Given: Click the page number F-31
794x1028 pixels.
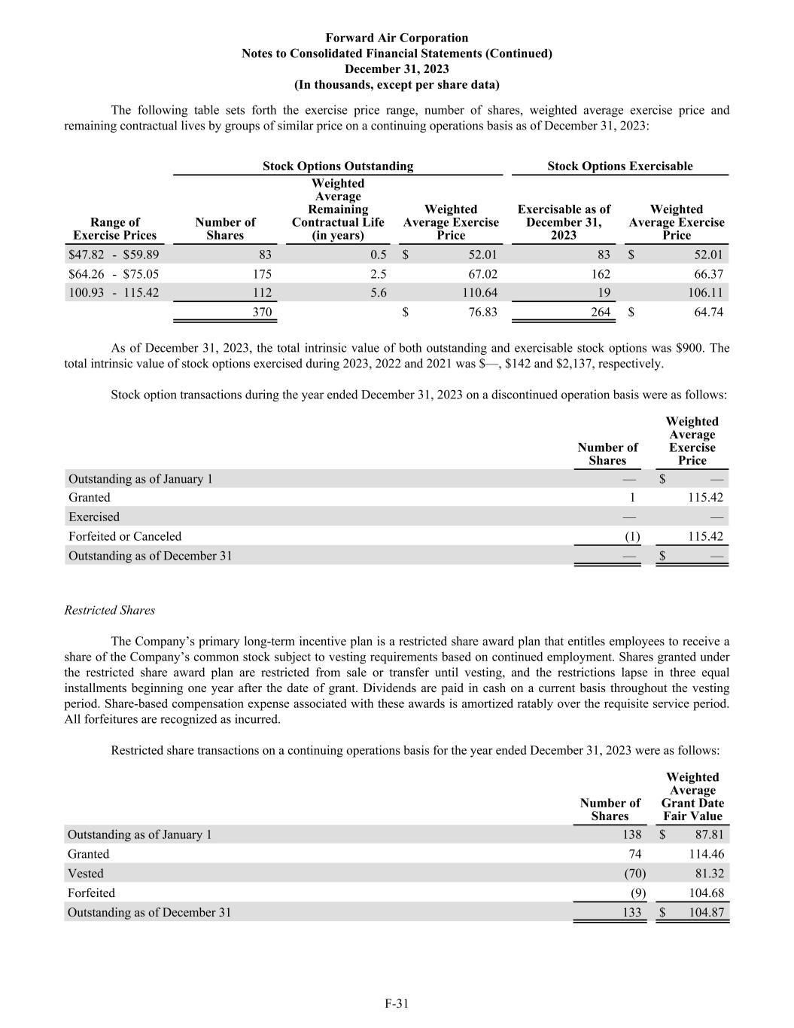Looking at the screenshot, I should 397,1003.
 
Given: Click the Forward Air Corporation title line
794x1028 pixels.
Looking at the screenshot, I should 397,38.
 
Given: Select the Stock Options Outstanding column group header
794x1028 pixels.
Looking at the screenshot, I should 337,166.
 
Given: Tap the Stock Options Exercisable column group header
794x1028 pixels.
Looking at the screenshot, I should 619,166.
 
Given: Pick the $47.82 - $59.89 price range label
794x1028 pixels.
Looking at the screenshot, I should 114,255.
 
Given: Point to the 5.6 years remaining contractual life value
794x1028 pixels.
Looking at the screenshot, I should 379,293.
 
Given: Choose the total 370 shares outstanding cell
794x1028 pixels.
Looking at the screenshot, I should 262,312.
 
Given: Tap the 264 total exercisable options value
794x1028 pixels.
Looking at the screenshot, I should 600,312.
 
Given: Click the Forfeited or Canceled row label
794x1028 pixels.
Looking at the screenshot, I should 125,536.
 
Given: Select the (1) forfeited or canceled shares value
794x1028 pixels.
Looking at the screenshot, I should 632,536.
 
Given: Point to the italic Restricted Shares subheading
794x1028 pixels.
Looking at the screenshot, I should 110,610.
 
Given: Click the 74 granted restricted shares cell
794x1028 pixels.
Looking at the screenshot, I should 634,854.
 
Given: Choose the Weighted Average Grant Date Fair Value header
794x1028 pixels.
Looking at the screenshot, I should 692,797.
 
